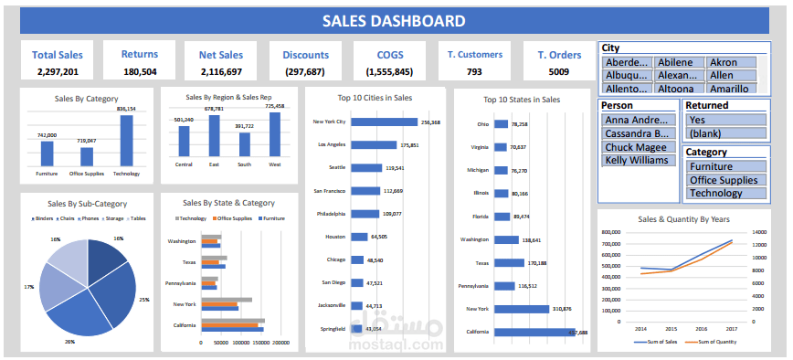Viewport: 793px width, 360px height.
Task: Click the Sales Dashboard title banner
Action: pyautogui.click(x=394, y=21)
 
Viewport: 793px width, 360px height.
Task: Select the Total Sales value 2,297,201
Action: pyautogui.click(x=58, y=71)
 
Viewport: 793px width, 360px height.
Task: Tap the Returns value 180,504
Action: pyautogui.click(x=140, y=71)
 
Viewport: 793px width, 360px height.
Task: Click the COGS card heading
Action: pyautogui.click(x=388, y=55)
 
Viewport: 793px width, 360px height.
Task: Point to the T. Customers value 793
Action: pyautogui.click(x=474, y=71)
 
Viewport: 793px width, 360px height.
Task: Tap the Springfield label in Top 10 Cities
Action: pyautogui.click(x=332, y=328)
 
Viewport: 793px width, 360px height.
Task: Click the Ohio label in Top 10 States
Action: pyautogui.click(x=484, y=124)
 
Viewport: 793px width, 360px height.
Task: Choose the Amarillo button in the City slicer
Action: pyautogui.click(x=731, y=89)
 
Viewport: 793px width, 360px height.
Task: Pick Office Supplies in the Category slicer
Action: pyautogui.click(x=722, y=180)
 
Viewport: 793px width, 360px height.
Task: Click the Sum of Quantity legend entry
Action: pyautogui.click(x=716, y=341)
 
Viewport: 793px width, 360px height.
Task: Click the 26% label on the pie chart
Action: pyautogui.click(x=69, y=341)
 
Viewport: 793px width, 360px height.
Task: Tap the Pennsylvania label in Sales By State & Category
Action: pyautogui.click(x=179, y=284)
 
